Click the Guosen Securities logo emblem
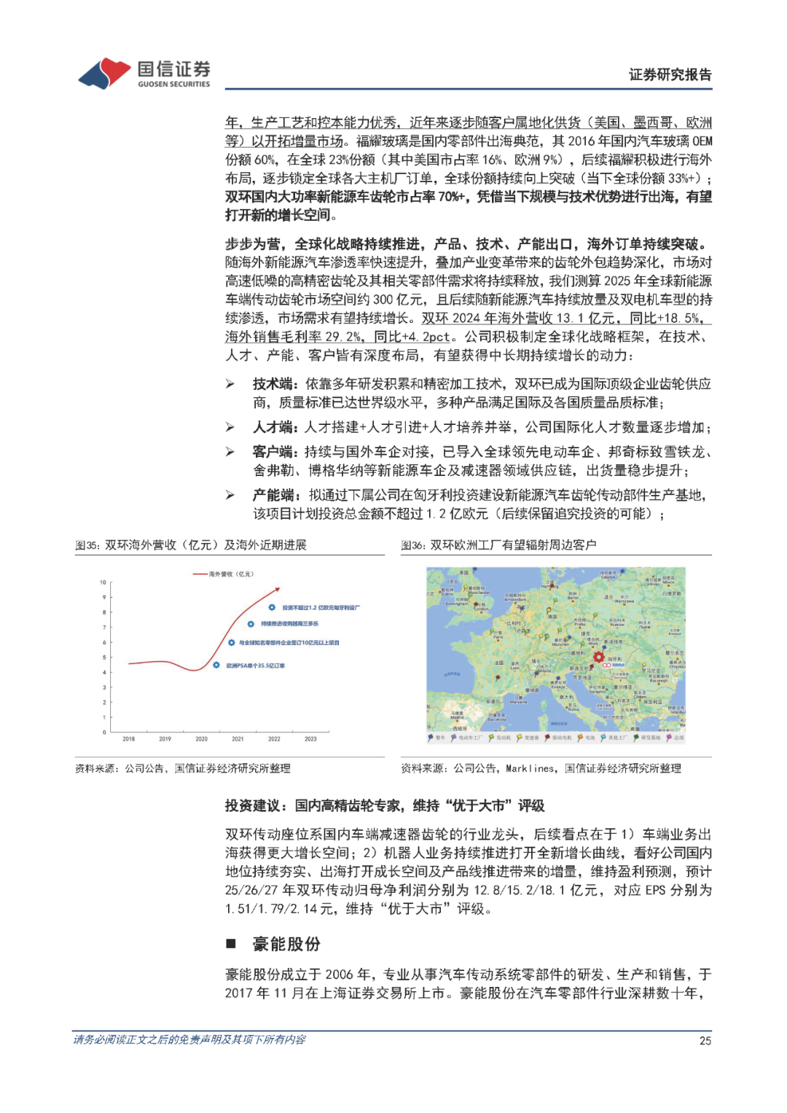pyautogui.click(x=105, y=73)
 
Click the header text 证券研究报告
pyautogui.click(x=670, y=74)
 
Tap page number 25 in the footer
pyautogui.click(x=705, y=1041)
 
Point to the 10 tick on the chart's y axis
pyautogui.click(x=103, y=582)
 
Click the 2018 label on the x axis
pyautogui.click(x=129, y=739)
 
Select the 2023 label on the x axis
pyautogui.click(x=310, y=739)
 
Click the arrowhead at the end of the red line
pyautogui.click(x=277, y=590)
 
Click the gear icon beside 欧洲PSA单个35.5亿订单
pyautogui.click(x=216, y=665)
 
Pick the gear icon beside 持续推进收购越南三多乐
pyautogui.click(x=251, y=624)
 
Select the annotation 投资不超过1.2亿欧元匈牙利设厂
pyautogui.click(x=321, y=607)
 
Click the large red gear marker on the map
pyautogui.click(x=599, y=657)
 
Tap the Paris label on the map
pyautogui.click(x=498, y=636)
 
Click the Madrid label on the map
pyautogui.click(x=457, y=717)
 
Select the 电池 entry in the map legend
pyautogui.click(x=590, y=738)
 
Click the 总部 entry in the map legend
pyautogui.click(x=678, y=738)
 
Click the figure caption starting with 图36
pyautogui.click(x=498, y=545)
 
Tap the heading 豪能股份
pyautogui.click(x=286, y=945)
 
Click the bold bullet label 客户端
pyautogui.click(x=273, y=452)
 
